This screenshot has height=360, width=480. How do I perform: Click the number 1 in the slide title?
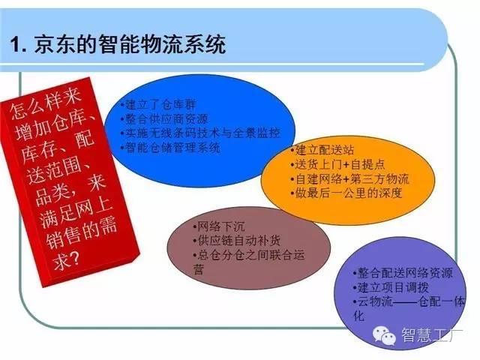click(15, 45)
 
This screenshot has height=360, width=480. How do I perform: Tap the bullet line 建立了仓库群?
click(158, 105)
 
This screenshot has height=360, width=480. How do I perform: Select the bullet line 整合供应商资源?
click(164, 119)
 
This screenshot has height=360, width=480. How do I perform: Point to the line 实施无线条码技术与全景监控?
click(200, 133)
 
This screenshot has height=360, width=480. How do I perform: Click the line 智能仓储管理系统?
click(170, 148)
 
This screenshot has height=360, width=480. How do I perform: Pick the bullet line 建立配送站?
click(322, 150)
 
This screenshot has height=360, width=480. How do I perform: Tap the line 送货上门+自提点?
click(337, 165)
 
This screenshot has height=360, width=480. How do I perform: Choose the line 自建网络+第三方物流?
click(349, 179)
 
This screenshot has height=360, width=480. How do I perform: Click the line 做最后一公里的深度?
click(346, 193)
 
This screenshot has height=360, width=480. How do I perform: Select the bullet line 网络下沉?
click(219, 226)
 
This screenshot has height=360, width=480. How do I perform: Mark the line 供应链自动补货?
click(237, 241)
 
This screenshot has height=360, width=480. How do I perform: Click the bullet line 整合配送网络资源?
click(403, 273)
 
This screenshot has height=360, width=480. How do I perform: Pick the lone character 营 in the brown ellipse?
click(198, 270)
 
